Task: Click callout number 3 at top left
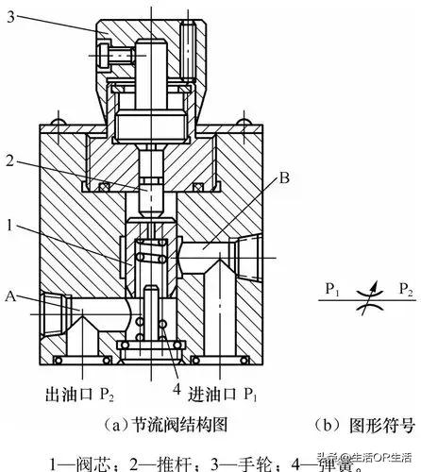[10, 20]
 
